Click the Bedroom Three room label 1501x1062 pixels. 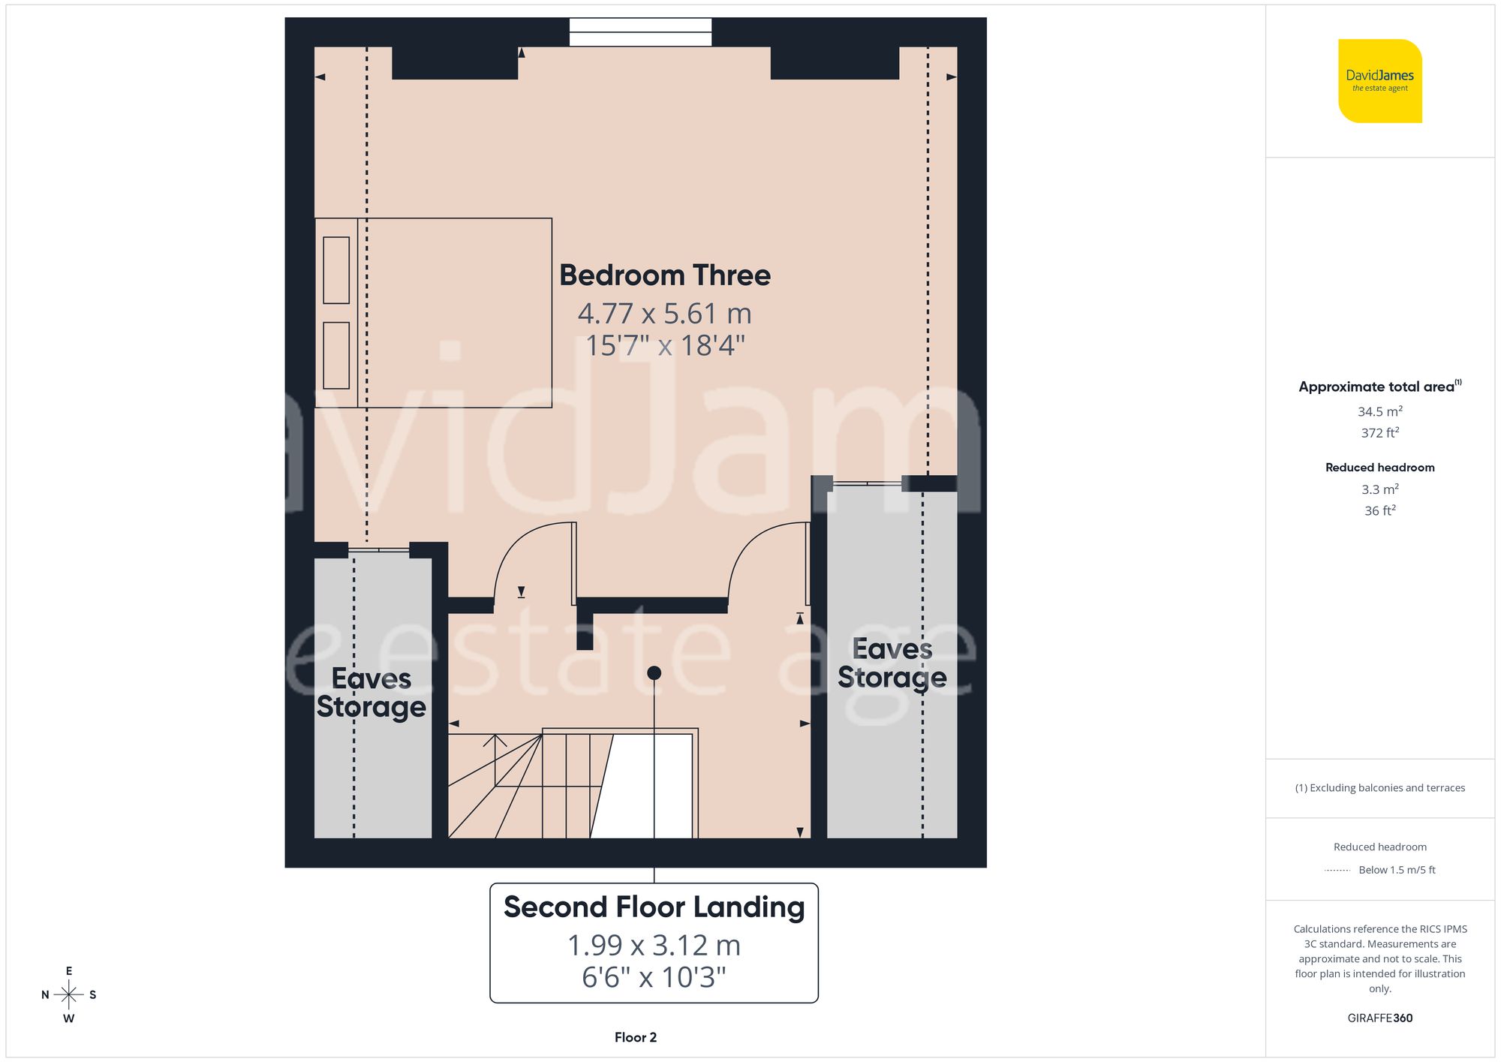[664, 275]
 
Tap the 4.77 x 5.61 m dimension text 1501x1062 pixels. [664, 313]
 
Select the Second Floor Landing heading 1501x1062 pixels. [654, 907]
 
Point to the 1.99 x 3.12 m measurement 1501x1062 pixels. [654, 945]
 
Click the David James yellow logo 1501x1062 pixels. [1379, 81]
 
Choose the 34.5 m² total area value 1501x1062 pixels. [1379, 411]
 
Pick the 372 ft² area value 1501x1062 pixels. [1379, 433]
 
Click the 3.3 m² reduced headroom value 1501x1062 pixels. [1379, 489]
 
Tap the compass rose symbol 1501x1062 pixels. [68, 995]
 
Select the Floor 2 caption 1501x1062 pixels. [635, 1037]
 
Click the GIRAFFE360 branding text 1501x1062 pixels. [1379, 1018]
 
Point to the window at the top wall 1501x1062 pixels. [640, 32]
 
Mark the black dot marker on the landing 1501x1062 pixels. [654, 673]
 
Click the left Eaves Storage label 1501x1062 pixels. [371, 692]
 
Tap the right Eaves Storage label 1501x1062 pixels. [892, 663]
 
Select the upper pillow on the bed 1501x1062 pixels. [336, 270]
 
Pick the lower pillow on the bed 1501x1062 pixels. [336, 356]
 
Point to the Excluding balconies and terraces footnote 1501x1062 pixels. [1379, 788]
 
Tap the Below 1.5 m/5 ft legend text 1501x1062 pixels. [1396, 870]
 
